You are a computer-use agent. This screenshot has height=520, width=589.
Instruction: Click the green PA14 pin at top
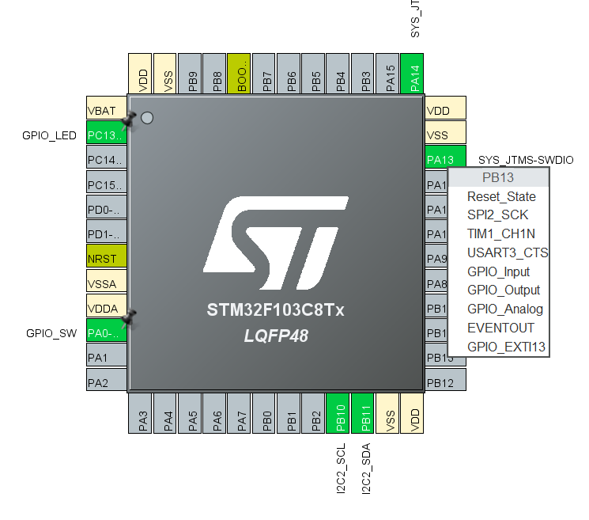[413, 74]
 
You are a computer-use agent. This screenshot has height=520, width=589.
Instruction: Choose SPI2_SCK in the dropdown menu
[498, 214]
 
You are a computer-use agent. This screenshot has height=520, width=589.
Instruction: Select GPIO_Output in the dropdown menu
[504, 290]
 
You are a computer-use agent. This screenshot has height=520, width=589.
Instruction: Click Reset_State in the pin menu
[501, 196]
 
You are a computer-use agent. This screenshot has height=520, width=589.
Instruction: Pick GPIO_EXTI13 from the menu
[506, 347]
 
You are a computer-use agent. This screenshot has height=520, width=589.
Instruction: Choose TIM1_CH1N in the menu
[501, 233]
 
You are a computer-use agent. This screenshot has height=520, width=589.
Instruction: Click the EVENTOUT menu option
[500, 328]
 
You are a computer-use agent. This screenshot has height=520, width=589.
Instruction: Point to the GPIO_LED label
[49, 135]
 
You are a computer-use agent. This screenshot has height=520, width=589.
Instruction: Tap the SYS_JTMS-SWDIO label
[527, 161]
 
